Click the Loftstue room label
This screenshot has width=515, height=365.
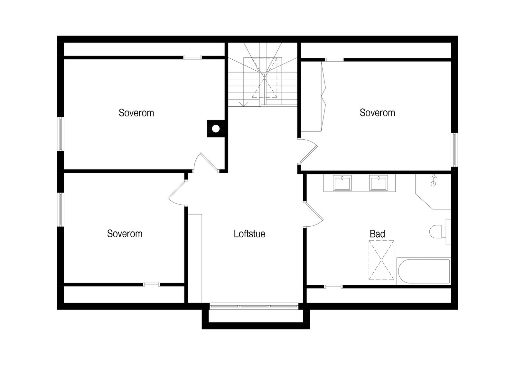249,234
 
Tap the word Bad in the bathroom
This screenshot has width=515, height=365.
377,234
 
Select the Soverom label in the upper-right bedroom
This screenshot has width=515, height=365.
377,113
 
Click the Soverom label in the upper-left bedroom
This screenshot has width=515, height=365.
136,113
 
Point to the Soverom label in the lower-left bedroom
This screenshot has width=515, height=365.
125,234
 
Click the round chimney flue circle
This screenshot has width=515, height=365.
216,129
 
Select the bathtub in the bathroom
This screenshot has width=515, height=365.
423,271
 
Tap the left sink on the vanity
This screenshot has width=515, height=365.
342,183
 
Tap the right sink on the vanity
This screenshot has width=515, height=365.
379,183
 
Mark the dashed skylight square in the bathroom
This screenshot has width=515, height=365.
381,260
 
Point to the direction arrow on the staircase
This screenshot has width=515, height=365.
244,103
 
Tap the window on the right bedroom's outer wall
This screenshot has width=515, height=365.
454,150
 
